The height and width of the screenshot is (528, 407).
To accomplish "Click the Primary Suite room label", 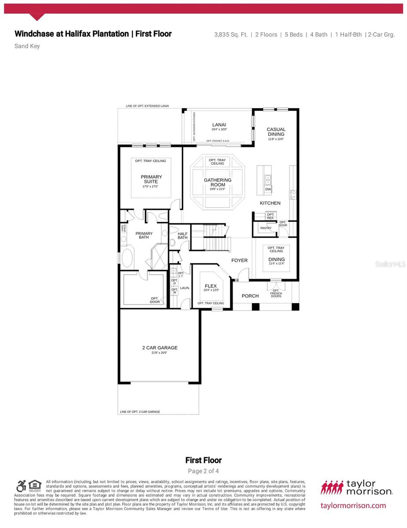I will click(x=151, y=179).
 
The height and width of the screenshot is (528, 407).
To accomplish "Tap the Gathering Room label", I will click(x=217, y=182).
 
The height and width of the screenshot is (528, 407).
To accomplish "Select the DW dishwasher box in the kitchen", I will click(x=268, y=189).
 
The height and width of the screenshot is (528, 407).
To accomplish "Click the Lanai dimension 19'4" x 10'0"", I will click(x=219, y=129).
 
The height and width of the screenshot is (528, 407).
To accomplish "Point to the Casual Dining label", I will click(x=276, y=132).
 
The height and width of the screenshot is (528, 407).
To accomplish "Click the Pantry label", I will click(x=266, y=228).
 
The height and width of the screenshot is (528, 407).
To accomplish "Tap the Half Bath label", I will click(x=183, y=235).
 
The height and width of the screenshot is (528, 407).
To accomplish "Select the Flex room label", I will click(x=211, y=286).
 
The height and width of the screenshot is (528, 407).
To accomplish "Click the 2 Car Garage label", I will click(x=160, y=348).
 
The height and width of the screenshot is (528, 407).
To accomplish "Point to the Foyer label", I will click(x=239, y=260).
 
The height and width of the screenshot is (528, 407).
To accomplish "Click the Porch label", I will click(x=250, y=296).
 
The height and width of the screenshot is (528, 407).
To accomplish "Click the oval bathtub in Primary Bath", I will click(x=127, y=258).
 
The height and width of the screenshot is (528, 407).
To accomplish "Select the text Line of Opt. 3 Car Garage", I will click(x=140, y=412).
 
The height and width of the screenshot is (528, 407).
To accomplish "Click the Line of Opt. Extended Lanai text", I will click(x=147, y=106).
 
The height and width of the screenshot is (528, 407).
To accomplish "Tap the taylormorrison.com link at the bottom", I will click(x=353, y=506).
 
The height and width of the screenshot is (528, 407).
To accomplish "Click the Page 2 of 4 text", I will click(x=203, y=471).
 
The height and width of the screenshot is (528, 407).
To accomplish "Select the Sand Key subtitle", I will click(x=27, y=46).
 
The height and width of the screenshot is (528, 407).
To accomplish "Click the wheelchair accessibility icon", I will click(x=21, y=486).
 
